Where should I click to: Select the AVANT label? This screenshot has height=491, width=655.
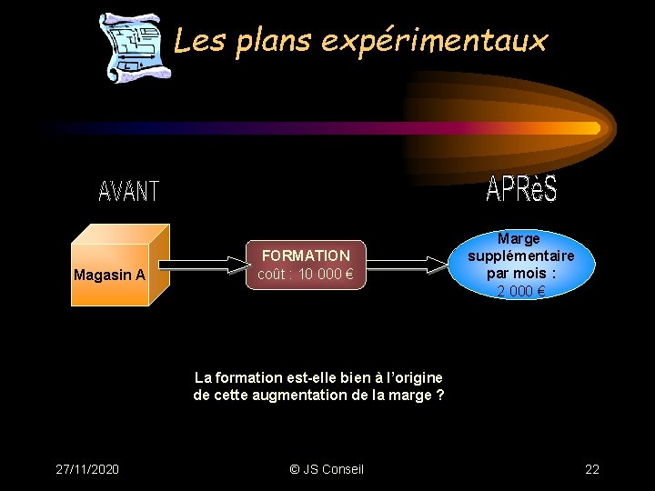coord(128,192)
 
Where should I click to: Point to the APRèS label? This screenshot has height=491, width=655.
coord(521,188)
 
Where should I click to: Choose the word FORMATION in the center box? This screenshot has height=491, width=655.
coord(306,256)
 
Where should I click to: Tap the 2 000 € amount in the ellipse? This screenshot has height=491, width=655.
coord(521,292)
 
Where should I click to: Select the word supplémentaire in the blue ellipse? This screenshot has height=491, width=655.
coord(521,256)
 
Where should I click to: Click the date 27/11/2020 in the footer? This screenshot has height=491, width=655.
coord(86,469)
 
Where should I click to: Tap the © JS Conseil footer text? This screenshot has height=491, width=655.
coord(326,469)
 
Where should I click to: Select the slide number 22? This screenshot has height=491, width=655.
coord(592,469)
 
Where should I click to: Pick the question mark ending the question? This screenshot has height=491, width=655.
coord(440,395)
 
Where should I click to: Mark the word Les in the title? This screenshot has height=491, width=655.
coord(193,40)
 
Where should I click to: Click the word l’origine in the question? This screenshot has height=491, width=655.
coord(413,377)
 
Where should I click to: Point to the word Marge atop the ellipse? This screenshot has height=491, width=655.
coord(519,238)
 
